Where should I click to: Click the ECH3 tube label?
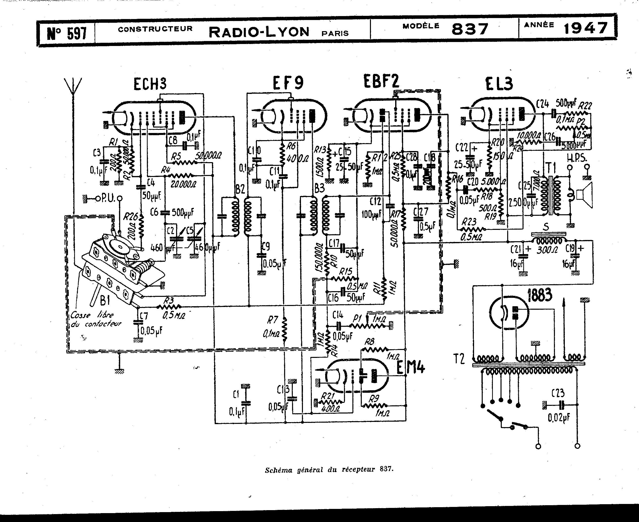tap(150, 84)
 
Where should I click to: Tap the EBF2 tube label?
tap(381, 81)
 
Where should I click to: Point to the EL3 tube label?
tap(499, 84)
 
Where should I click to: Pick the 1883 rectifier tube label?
tap(540, 295)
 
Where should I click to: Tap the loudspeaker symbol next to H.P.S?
tap(585, 195)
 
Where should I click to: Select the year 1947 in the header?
tap(585, 29)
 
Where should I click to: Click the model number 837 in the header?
tap(470, 29)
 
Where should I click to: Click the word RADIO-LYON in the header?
tap(259, 32)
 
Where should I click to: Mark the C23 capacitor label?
tap(558, 393)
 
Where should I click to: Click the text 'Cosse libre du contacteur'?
tap(96, 319)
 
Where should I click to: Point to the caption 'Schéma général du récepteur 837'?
tap(329, 469)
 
